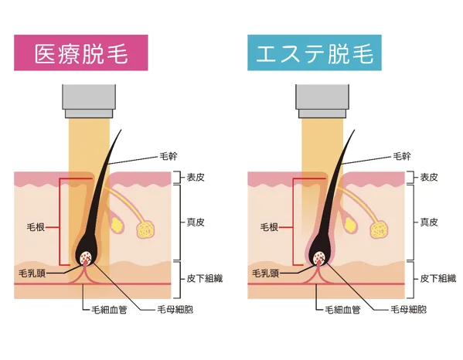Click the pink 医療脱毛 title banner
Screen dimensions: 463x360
pos(81,53)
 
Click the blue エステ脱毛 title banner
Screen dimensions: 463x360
pos(315,53)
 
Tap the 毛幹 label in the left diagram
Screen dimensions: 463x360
pos(169,156)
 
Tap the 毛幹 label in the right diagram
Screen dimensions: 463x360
pos(402,156)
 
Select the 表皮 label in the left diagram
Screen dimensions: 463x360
pos(196,178)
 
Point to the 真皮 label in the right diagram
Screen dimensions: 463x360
pos(429,222)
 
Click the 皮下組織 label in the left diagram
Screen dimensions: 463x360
pos(205,278)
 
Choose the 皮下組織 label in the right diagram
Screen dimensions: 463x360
pos(438,278)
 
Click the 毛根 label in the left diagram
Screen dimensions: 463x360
pos(36,227)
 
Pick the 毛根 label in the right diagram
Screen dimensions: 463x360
pos(269,227)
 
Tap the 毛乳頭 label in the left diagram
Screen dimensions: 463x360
pos(32,273)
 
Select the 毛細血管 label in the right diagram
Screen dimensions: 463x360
pos(343,310)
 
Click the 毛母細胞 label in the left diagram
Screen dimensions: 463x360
pos(175,310)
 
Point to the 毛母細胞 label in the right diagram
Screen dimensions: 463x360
pos(409,310)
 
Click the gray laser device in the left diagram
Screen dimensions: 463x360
pos(89,101)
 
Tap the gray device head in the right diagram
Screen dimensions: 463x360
pos(322,101)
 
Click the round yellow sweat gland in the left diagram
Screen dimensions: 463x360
pos(146,230)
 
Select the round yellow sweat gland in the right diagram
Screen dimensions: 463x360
pos(380,230)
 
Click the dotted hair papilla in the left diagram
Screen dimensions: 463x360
pos(87,257)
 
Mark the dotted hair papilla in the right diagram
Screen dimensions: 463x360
pos(320,257)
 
